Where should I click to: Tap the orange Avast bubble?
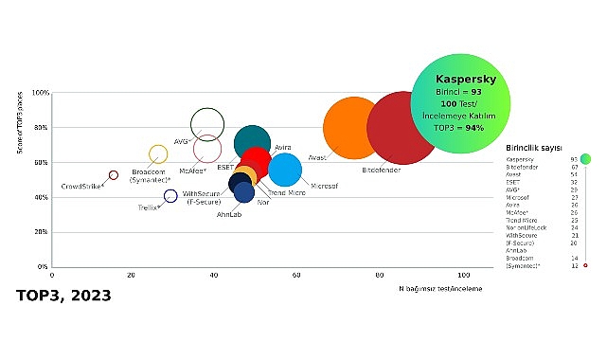352,128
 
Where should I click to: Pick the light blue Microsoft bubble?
285,170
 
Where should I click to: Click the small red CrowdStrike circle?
114,175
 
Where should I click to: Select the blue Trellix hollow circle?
170,196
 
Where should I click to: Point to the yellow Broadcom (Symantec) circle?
158,154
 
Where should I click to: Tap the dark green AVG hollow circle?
207,123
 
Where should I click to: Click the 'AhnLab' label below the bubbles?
230,213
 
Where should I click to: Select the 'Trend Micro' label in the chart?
285,193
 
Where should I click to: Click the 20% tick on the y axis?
42,232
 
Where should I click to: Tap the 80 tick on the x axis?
380,275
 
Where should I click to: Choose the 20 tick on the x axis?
133,275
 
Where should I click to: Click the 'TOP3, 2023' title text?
63,295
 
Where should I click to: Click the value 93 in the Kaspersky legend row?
574,159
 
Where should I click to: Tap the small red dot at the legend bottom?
585,265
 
